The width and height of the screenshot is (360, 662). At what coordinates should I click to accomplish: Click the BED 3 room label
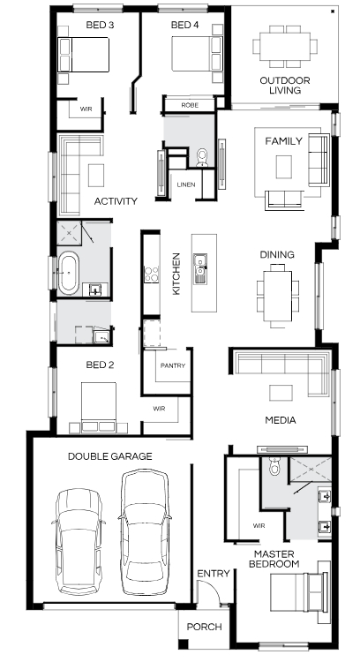(100, 25)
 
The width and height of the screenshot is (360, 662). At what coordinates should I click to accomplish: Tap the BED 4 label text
(185, 25)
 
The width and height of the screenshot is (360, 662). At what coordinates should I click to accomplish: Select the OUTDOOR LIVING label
(285, 86)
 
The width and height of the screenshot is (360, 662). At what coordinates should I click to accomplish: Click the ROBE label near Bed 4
(190, 105)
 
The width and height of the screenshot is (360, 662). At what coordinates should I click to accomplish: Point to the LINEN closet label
(186, 184)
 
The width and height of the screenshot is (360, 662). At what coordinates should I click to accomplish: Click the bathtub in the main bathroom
(68, 273)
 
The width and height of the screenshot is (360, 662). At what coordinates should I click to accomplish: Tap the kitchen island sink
(199, 268)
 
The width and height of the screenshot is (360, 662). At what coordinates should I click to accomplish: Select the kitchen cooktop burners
(151, 274)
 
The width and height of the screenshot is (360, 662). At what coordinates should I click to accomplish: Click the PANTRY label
(173, 366)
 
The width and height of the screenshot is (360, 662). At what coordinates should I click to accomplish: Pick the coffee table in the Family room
(283, 167)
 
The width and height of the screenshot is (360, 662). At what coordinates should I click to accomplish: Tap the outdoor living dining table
(285, 47)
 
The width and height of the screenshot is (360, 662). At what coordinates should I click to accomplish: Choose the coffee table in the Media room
(281, 393)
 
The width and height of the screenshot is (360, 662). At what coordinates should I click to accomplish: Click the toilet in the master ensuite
(274, 466)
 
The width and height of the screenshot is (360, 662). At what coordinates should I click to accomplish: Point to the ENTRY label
(214, 574)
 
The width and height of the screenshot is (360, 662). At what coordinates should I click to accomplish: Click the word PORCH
(205, 627)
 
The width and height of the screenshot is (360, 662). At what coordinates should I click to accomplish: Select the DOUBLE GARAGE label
(110, 456)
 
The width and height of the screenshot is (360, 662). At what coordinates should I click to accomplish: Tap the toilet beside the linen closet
(203, 157)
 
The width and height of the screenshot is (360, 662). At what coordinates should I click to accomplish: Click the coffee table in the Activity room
(96, 176)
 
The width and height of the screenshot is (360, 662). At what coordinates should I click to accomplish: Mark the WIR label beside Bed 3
(86, 109)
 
